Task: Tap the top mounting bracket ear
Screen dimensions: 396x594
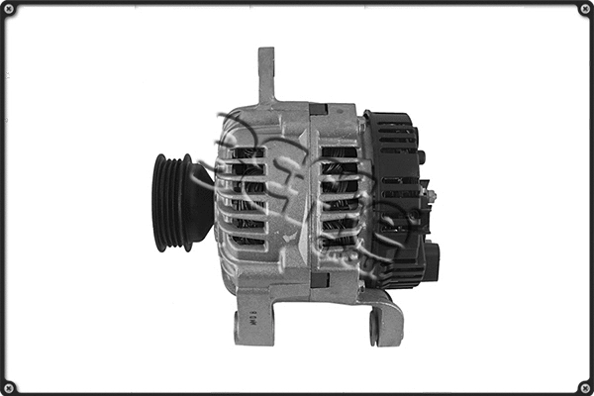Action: click(x=266, y=75)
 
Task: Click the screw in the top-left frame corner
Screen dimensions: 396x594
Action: click(x=9, y=9)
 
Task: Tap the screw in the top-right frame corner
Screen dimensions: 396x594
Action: click(x=584, y=9)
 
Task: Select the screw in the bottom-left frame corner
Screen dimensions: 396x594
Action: click(x=9, y=386)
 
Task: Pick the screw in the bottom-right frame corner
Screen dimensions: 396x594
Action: click(x=584, y=386)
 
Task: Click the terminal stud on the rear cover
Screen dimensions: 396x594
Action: click(x=432, y=196)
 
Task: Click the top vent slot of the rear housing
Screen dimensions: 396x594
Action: click(x=339, y=153)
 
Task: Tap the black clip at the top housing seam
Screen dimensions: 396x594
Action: click(x=318, y=108)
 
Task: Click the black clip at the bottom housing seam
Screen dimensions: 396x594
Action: click(x=319, y=280)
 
